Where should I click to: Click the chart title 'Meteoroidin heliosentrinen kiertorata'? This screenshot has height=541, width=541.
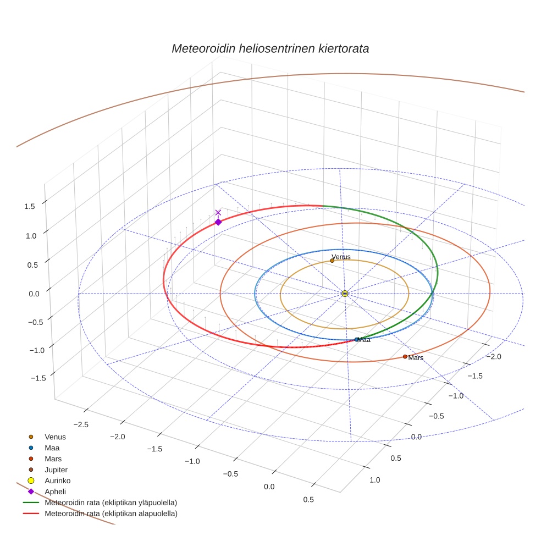[x=270, y=48]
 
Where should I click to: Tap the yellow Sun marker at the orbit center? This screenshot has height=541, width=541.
[x=345, y=294]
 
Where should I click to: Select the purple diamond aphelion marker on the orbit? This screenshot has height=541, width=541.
[x=218, y=222]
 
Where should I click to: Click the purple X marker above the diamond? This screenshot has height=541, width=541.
[x=218, y=212]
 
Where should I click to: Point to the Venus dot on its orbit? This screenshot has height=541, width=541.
[x=332, y=261]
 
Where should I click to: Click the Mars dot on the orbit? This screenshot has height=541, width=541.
[x=405, y=357]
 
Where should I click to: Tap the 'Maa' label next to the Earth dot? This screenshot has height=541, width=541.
[x=364, y=340]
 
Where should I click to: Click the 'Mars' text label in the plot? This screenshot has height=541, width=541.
[x=416, y=358]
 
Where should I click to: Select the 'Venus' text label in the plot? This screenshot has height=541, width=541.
[x=341, y=257]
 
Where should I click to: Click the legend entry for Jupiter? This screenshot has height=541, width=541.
[x=56, y=470]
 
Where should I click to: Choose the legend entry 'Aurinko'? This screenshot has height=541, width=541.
[x=57, y=481]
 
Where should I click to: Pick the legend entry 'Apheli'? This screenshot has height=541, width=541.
[x=55, y=492]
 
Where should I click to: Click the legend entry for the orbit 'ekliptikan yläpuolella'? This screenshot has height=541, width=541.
[x=111, y=503]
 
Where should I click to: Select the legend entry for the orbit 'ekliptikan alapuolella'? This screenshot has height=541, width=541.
[x=111, y=514]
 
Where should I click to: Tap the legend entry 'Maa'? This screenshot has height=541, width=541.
[x=52, y=448]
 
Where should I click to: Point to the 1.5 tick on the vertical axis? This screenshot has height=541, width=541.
[x=30, y=206]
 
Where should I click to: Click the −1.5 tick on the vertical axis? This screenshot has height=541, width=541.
[x=29, y=378]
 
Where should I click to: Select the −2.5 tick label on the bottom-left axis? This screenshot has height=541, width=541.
[x=81, y=424]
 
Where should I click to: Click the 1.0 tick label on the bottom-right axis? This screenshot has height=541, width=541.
[x=374, y=480]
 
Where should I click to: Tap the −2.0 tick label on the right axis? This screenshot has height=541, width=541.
[x=495, y=357]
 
